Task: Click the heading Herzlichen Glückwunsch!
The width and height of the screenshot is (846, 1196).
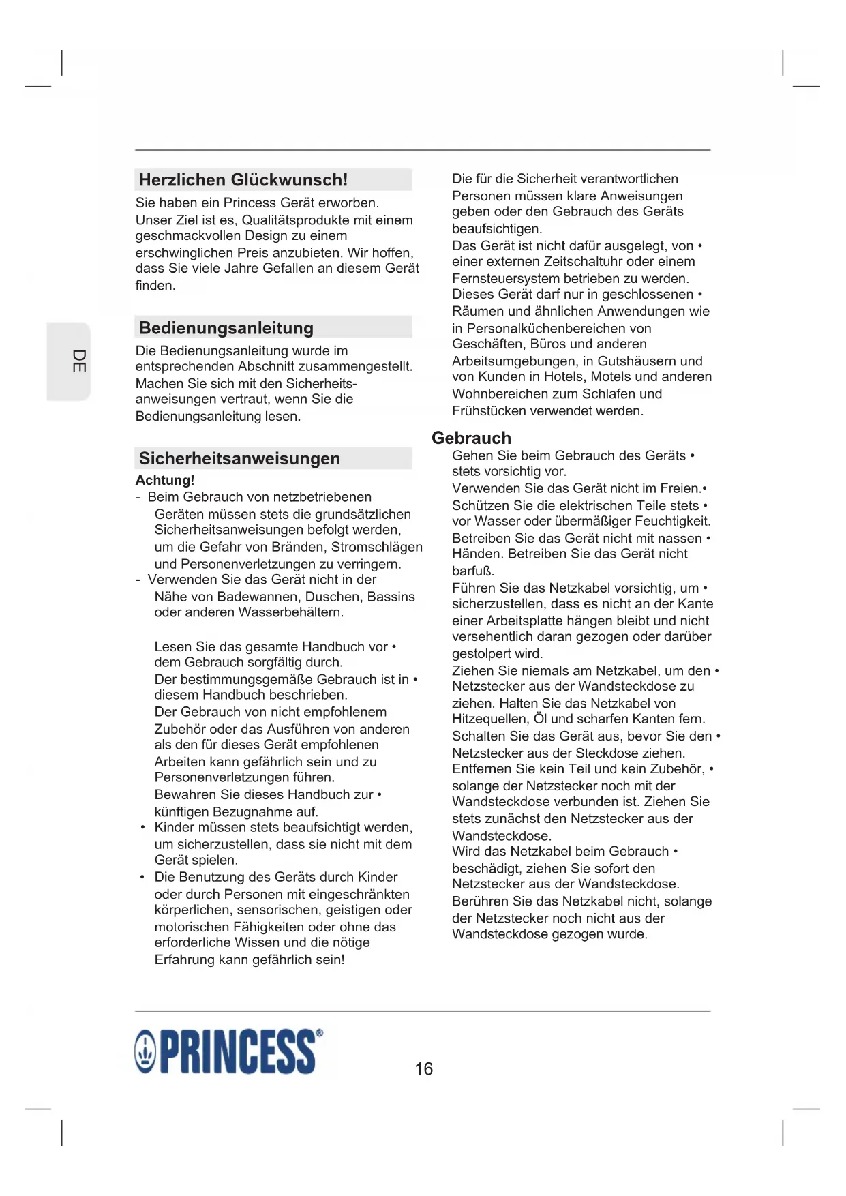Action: [243, 180]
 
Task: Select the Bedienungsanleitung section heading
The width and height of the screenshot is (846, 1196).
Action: [226, 328]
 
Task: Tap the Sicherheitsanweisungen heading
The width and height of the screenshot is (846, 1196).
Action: [239, 459]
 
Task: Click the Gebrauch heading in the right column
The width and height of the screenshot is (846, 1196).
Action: [471, 438]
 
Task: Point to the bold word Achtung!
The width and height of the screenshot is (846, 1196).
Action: [165, 480]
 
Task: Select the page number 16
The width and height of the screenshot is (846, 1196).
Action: [423, 1068]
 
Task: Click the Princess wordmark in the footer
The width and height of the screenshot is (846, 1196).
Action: [237, 1052]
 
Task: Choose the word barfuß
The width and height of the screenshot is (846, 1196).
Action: [473, 571]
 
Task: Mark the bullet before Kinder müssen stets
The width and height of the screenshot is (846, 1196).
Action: [142, 828]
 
